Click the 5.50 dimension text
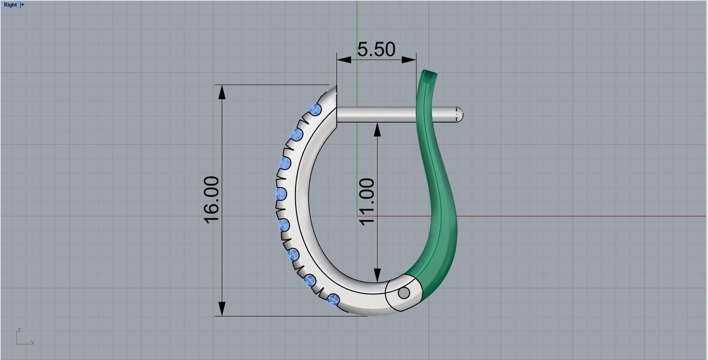376,49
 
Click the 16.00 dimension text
212,200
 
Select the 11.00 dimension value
367,202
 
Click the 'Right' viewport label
10,5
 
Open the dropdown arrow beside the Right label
23,5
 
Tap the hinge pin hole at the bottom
404,293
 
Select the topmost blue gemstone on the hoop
315,109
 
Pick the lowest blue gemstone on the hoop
334,300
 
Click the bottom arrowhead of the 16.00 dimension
222,309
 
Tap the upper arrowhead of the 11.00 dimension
377,129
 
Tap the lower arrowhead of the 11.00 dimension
377,275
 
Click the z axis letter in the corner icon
19,330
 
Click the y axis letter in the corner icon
32,342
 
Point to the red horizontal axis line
570,216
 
